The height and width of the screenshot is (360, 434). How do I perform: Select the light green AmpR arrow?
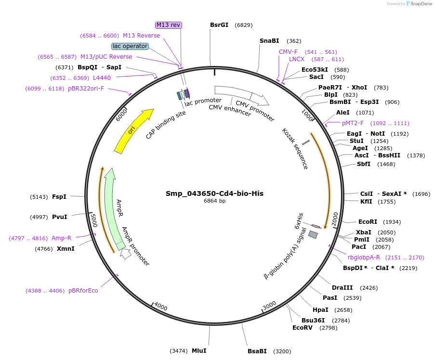point(112,207)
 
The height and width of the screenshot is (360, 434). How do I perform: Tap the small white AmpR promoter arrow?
point(126,254)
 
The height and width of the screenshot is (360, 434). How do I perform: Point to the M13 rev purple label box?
point(169,25)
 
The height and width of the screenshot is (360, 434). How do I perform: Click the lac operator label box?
point(130,46)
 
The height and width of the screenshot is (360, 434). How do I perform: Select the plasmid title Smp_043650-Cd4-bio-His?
point(214,193)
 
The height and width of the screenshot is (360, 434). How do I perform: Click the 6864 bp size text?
point(214,201)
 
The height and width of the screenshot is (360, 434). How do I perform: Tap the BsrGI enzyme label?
point(219,25)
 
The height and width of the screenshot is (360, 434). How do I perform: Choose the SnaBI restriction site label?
point(269,41)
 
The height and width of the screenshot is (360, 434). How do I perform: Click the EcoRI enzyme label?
point(368,222)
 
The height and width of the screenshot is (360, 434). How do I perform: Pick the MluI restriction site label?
point(199,351)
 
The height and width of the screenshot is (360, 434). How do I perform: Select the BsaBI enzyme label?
point(257,351)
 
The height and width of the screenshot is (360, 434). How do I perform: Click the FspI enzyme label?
point(59,196)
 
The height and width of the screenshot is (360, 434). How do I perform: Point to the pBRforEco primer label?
point(83,291)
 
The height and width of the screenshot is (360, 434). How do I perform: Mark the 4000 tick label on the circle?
point(160,307)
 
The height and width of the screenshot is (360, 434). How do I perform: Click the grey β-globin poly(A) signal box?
point(313,235)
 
